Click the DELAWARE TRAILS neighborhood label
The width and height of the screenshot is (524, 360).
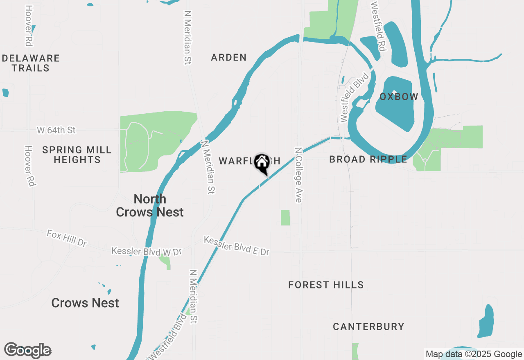[x=31, y=63]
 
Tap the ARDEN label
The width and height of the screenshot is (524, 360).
[x=229, y=57]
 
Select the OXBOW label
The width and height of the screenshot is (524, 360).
[x=399, y=97]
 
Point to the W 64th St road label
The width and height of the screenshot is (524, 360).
[x=56, y=130]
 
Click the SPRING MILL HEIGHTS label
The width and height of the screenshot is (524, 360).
[x=77, y=155]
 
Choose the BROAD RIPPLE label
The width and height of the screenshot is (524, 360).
[x=368, y=159]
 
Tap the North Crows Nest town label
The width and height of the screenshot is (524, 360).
[x=150, y=205]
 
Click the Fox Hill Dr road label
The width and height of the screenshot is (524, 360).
[x=67, y=238]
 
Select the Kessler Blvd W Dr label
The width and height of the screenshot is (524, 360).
[x=147, y=252]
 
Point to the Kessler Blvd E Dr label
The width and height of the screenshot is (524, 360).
[x=237, y=246]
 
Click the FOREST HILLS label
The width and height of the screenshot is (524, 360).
[x=326, y=285]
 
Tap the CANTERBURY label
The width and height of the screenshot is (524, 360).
[x=368, y=326]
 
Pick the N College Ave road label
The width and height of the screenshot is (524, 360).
[x=298, y=175]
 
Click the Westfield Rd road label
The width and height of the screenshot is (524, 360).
[x=379, y=27]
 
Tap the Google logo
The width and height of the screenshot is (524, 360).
[x=27, y=351]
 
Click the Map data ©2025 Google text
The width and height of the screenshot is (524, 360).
[x=473, y=354]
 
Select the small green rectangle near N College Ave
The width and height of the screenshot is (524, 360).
[x=285, y=218]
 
